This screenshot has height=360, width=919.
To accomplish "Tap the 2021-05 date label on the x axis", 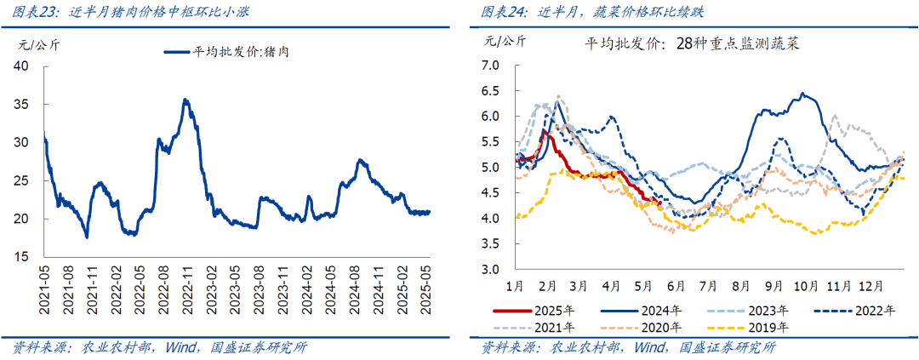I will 44,283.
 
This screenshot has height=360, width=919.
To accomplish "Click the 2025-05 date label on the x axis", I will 430,283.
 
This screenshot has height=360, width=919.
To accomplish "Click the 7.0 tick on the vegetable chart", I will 489,65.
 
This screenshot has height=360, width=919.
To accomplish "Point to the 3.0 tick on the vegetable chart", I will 489,270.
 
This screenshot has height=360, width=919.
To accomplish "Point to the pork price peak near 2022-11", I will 186,100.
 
